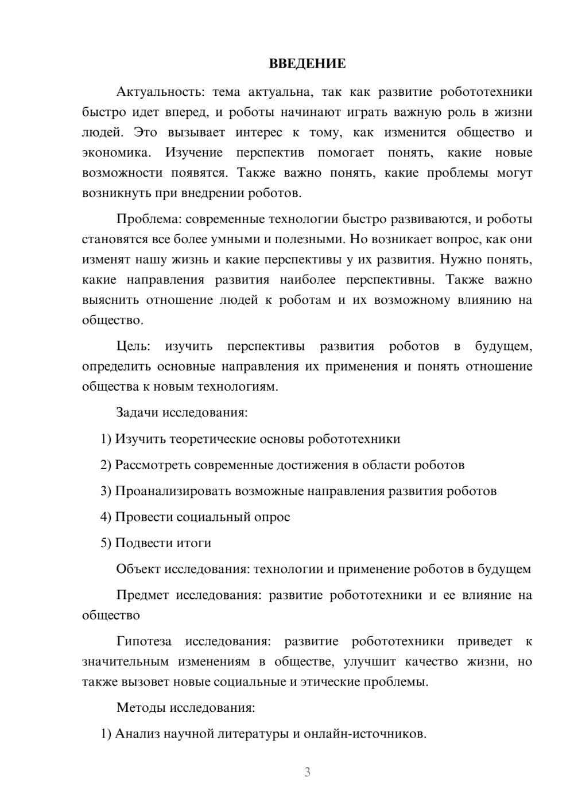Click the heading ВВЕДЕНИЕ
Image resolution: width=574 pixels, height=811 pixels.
coord(307,64)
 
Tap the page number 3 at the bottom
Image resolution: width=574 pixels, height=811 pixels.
coord(307,772)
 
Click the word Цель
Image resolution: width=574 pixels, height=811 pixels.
coord(133,346)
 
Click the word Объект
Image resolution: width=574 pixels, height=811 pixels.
coord(138,569)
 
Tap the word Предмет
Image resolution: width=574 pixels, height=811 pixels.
coord(142,595)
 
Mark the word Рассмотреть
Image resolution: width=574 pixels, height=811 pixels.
coord(152,465)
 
